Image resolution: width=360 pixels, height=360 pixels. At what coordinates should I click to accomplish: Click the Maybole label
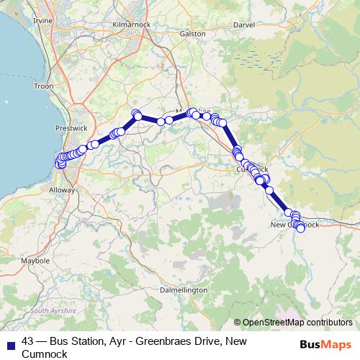35,260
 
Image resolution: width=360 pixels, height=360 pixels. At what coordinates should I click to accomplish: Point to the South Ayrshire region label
53,310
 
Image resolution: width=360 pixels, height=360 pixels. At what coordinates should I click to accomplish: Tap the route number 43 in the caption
28,341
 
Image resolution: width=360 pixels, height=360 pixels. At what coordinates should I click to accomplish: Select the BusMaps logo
325,345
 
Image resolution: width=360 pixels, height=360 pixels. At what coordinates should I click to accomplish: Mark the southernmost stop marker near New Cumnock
300,229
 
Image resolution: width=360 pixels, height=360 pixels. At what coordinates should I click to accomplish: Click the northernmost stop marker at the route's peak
135,112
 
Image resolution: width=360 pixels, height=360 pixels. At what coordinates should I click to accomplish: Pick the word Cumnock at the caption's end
45,354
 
